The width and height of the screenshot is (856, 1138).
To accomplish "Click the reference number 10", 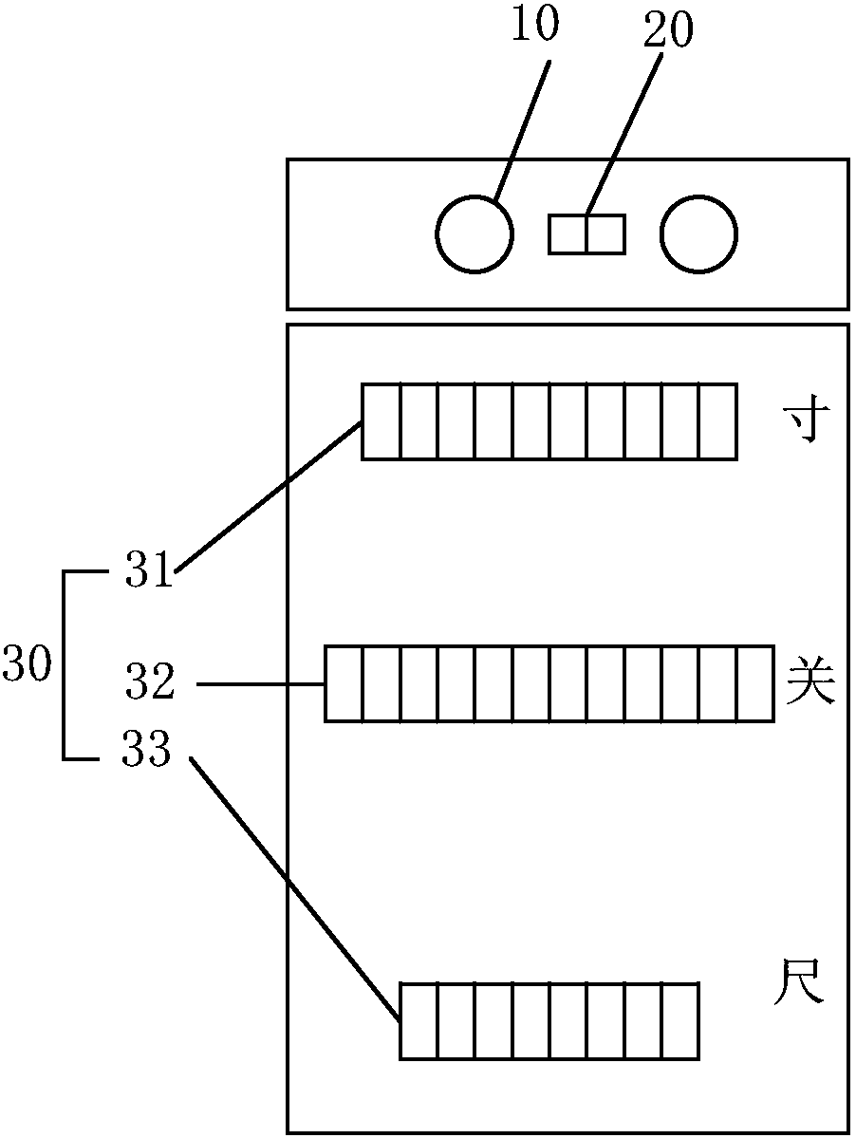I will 535,26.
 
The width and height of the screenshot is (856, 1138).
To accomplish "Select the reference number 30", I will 27,664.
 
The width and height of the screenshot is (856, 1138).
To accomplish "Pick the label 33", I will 146,753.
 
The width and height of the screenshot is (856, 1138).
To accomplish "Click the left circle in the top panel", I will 475,234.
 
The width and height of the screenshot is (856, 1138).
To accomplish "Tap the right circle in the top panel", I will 698,234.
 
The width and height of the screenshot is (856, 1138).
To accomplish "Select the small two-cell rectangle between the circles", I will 587,234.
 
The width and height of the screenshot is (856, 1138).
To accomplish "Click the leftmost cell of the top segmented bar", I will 381,421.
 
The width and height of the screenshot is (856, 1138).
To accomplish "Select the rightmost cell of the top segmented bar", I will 717,421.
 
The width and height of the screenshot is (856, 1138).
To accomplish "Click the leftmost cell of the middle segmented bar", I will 344,683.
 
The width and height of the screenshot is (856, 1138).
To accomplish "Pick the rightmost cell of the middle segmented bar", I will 755,683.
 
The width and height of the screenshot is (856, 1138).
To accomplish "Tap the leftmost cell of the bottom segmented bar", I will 419,1021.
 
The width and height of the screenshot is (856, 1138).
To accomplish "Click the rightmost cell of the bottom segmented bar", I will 680,1021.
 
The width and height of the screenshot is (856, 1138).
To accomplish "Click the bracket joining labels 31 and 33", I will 65,664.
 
